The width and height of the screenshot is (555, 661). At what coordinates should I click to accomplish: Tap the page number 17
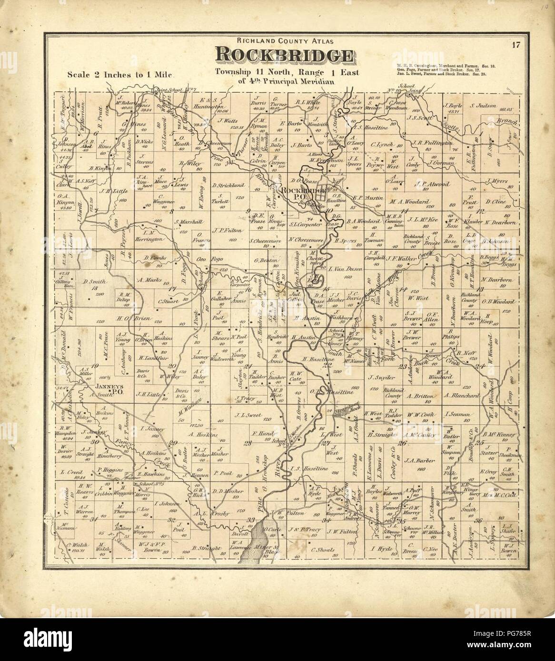tap(516, 46)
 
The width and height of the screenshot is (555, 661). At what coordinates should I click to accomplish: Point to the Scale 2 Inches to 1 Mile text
tap(122, 75)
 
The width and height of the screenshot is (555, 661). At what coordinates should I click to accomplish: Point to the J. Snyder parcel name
tap(378, 378)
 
